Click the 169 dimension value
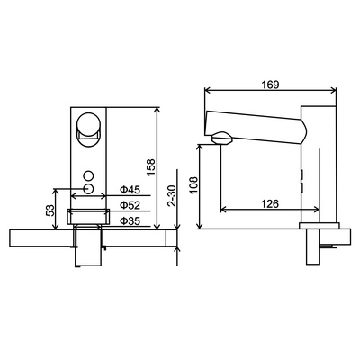(270, 85)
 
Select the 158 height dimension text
(151, 167)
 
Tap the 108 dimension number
(193, 185)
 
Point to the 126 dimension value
(270, 204)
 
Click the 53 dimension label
(50, 210)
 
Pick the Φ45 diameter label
(130, 190)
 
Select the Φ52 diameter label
(130, 205)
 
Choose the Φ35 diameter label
(130, 221)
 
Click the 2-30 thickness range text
(172, 196)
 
